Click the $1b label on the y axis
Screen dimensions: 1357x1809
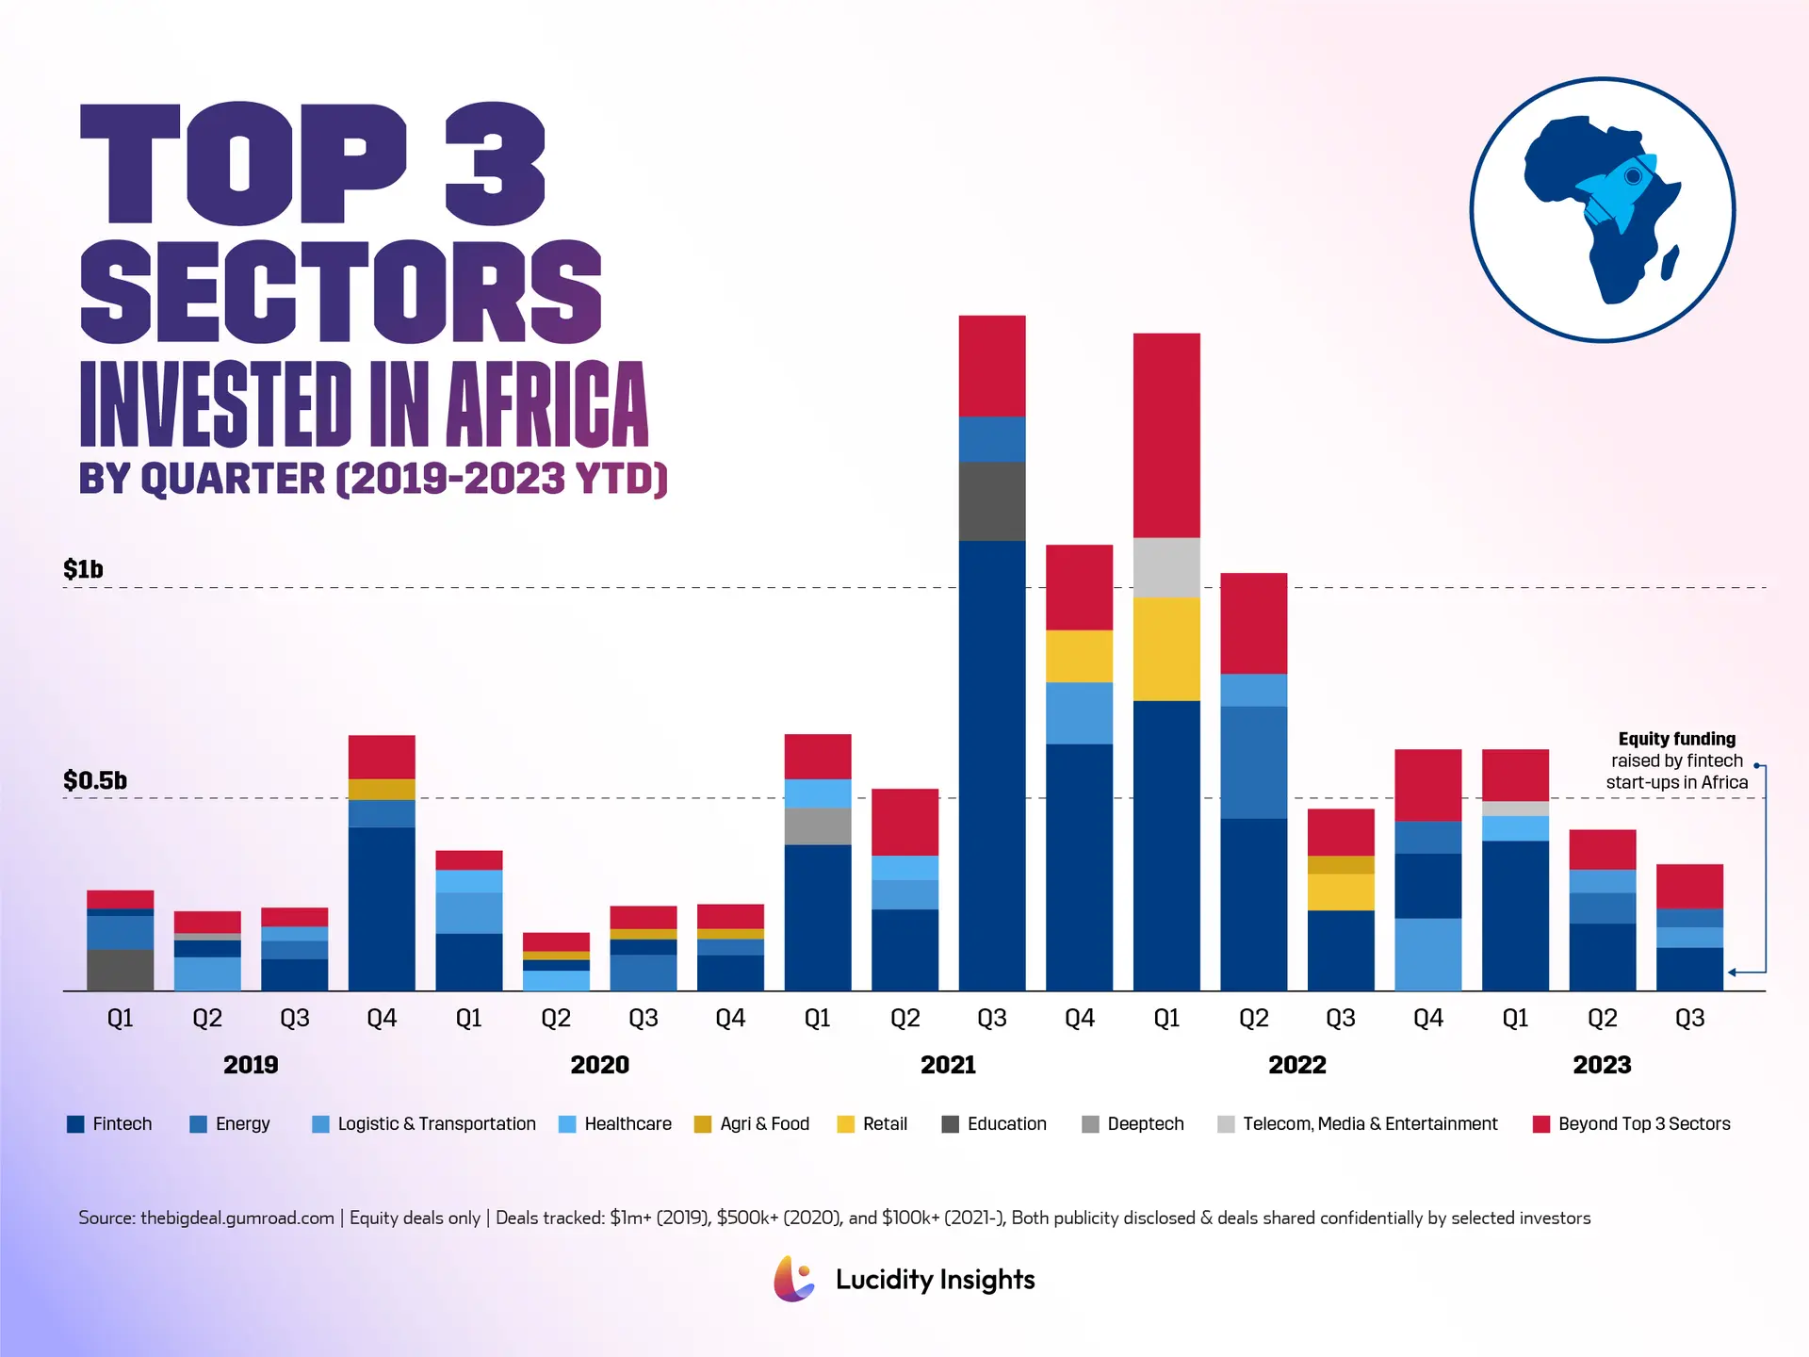pyautogui.click(x=83, y=569)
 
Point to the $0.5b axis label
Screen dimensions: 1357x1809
pyautogui.click(x=94, y=780)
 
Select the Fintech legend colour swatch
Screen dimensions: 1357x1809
pyautogui.click(x=75, y=1124)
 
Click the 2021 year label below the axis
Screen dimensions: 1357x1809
pyautogui.click(x=948, y=1065)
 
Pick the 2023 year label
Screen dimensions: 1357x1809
pyautogui.click(x=1602, y=1065)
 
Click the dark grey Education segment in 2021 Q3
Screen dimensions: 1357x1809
pyautogui.click(x=992, y=501)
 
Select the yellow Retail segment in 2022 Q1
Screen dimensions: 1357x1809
pyautogui.click(x=1166, y=649)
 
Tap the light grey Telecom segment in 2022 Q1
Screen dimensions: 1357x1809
pyautogui.click(x=1166, y=567)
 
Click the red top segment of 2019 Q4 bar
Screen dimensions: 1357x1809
pyautogui.click(x=382, y=757)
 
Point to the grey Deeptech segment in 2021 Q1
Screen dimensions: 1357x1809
pyautogui.click(x=818, y=826)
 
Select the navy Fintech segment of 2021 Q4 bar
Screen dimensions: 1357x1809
pyautogui.click(x=1080, y=867)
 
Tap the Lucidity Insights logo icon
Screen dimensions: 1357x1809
pyautogui.click(x=794, y=1279)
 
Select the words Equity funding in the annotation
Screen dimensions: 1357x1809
pyautogui.click(x=1676, y=739)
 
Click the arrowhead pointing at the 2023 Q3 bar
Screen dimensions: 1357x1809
pyautogui.click(x=1732, y=972)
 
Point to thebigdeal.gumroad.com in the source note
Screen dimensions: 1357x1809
pyautogui.click(x=236, y=1218)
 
